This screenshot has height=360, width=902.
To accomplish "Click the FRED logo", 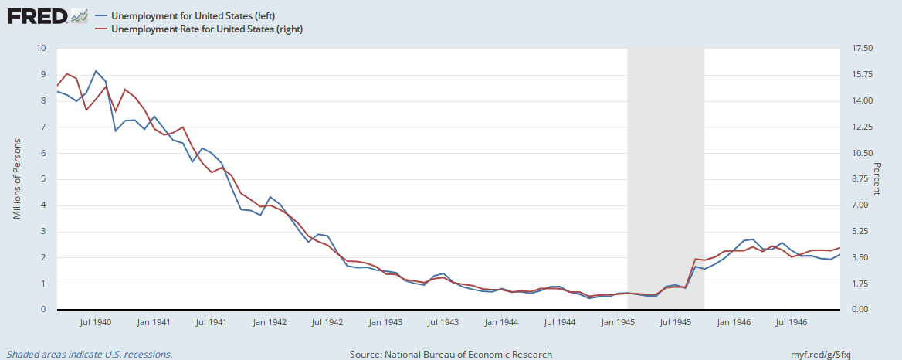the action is (47, 16).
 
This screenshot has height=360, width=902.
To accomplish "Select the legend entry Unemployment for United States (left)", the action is (197, 15).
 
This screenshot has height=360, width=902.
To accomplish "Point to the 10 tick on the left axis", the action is (42, 48).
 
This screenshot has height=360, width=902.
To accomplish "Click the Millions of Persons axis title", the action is (17, 179).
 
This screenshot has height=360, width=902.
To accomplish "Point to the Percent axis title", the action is (877, 179).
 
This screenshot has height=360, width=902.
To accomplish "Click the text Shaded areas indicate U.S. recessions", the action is (90, 355).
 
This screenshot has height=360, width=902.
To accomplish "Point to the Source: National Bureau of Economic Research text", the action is (451, 355).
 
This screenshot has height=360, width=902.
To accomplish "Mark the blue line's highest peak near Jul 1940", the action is (96, 71).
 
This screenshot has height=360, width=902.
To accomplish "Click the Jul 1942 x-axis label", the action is (327, 321).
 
